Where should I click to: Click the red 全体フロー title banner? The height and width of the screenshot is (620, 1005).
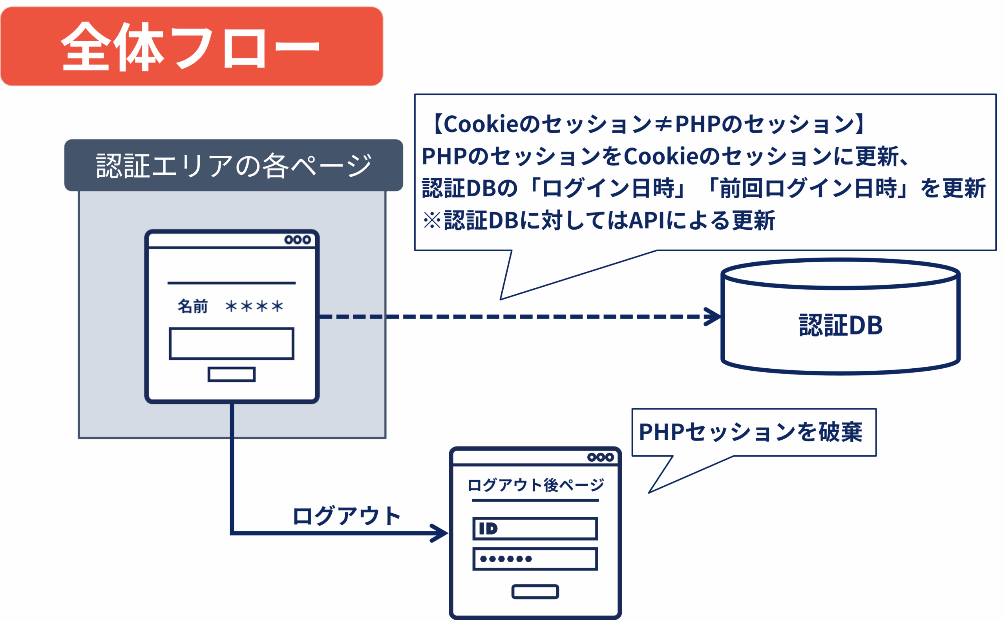pyautogui.click(x=192, y=46)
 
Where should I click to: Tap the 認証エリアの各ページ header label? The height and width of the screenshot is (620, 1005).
pyautogui.click(x=234, y=166)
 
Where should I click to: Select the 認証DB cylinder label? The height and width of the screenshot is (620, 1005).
pyautogui.click(x=841, y=325)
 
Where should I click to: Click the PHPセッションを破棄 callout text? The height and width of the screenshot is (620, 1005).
pyautogui.click(x=751, y=432)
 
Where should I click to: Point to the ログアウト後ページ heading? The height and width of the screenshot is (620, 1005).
pyautogui.click(x=535, y=485)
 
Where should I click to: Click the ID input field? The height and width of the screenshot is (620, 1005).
pyautogui.click(x=535, y=529)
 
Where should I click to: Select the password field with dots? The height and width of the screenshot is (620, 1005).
pyautogui.click(x=535, y=559)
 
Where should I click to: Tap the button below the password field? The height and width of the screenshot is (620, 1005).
pyautogui.click(x=535, y=592)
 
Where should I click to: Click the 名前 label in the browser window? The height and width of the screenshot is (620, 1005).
pyautogui.click(x=193, y=306)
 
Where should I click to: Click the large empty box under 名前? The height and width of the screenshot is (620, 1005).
pyautogui.click(x=232, y=344)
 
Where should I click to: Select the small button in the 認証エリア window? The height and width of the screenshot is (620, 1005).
pyautogui.click(x=232, y=374)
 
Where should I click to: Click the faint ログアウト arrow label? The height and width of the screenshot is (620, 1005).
pyautogui.click(x=347, y=516)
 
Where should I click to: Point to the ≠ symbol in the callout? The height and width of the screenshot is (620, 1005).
pyautogui.click(x=663, y=124)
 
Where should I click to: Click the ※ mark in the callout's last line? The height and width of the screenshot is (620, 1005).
pyautogui.click(x=432, y=221)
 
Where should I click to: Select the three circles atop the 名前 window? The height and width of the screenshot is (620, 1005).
pyautogui.click(x=298, y=240)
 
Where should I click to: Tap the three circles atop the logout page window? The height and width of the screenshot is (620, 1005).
pyautogui.click(x=601, y=457)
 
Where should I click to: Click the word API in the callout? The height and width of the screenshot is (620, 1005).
pyautogui.click(x=646, y=221)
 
